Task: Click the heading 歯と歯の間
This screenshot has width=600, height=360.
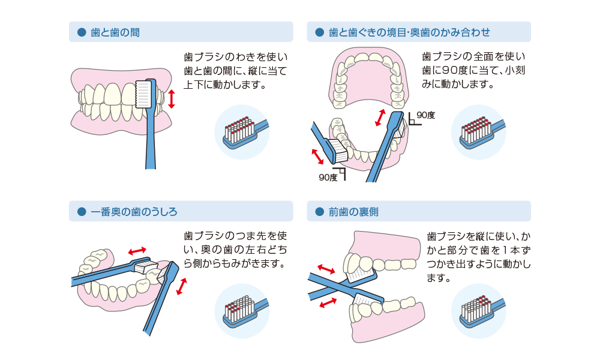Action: pos(115,32)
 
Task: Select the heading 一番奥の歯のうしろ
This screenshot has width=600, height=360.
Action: pos(134,211)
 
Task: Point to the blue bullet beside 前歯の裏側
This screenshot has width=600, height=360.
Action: pos(319,211)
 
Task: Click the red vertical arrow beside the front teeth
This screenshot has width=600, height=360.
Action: pos(172,98)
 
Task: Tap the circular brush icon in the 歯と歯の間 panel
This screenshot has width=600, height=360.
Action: pos(242,132)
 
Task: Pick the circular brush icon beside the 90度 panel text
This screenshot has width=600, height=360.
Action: pos(478,132)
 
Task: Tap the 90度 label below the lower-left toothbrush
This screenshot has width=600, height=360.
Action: pos(328,178)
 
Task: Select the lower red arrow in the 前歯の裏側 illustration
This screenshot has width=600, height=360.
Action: pos(328,304)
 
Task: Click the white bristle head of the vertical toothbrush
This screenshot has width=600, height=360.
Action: pos(144,94)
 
